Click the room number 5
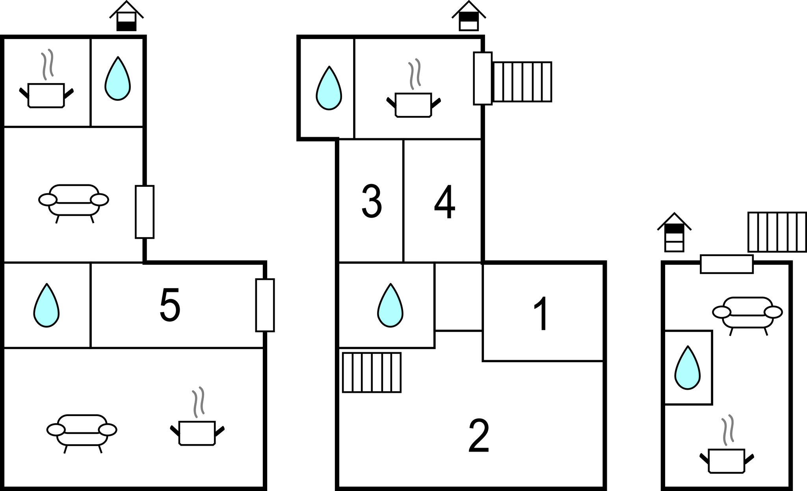pyautogui.click(x=170, y=305)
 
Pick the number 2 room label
pyautogui.click(x=479, y=435)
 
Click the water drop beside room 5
pyautogui.click(x=46, y=305)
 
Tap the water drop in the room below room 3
pyautogui.click(x=390, y=305)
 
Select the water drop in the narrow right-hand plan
pyautogui.click(x=688, y=368)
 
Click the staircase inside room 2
pyautogui.click(x=372, y=372)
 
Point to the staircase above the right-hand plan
pyautogui.click(x=777, y=232)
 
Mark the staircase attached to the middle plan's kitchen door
pyautogui.click(x=522, y=82)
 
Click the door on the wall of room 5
pyautogui.click(x=265, y=305)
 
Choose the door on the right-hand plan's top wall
pyautogui.click(x=727, y=264)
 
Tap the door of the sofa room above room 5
pyautogui.click(x=145, y=212)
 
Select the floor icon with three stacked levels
pyautogui.click(x=674, y=232)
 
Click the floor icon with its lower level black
pyautogui.click(x=126, y=16)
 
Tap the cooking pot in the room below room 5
pyautogui.click(x=197, y=421)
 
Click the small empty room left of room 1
pyautogui.click(x=458, y=296)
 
